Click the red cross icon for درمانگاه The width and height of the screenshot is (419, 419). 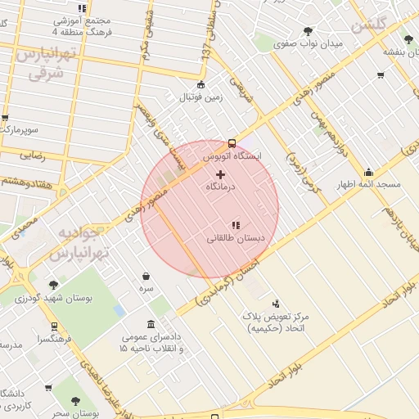[220, 173]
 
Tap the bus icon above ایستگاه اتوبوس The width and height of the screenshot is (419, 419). [232, 141]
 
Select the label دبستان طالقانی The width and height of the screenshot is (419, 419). [235, 239]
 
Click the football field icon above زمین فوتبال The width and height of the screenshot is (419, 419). [200, 85]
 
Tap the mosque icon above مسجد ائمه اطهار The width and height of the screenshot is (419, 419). [369, 172]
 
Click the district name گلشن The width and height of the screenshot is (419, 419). [368, 25]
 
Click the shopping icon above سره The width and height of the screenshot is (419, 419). [146, 277]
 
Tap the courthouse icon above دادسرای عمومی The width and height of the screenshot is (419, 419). [151, 324]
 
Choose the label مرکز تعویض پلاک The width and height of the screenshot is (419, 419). [273, 316]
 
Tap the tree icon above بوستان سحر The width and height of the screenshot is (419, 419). [75, 401]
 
